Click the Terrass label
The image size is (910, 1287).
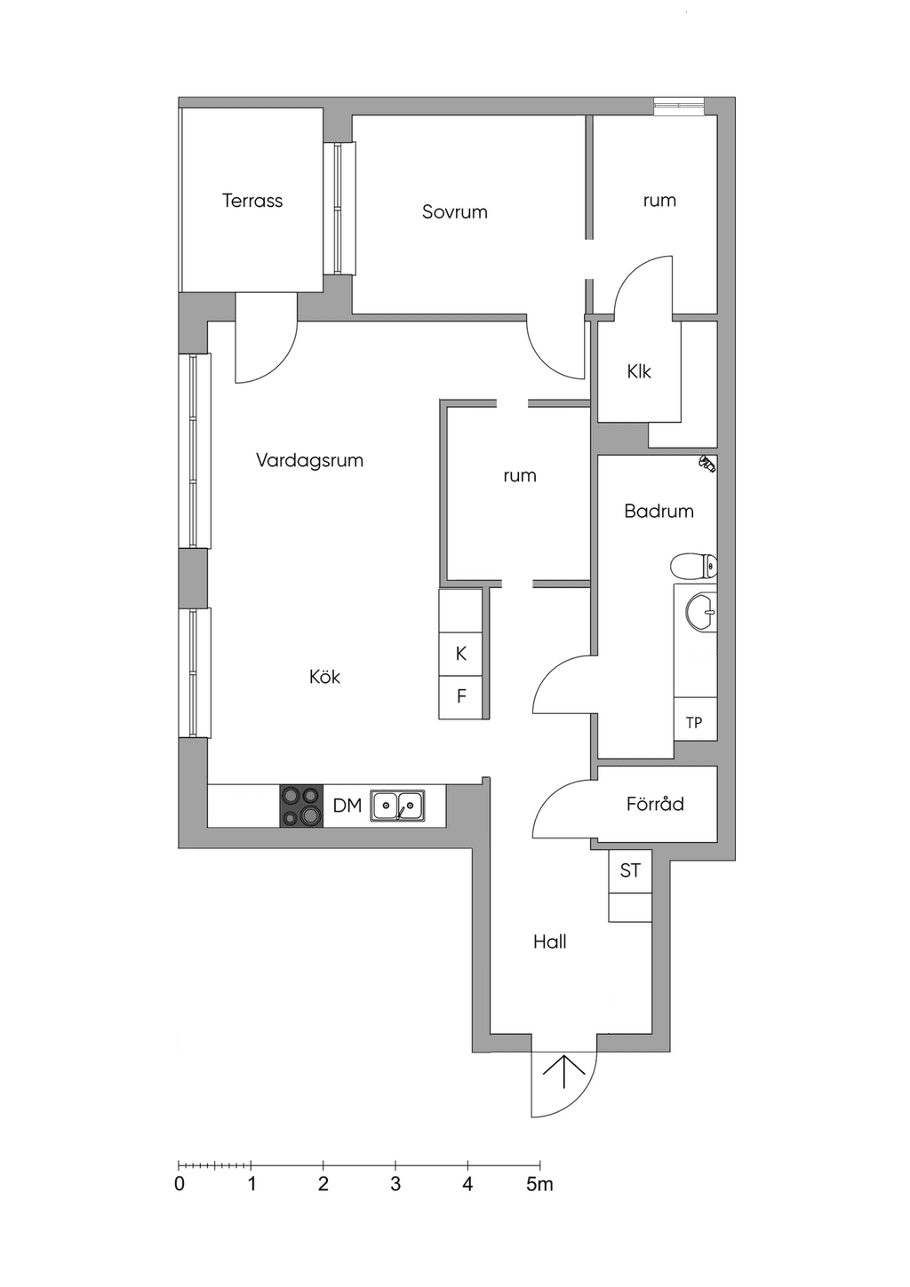[x=252, y=201]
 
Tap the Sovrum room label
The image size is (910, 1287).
[x=455, y=211]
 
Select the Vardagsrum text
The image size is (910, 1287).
[x=310, y=460]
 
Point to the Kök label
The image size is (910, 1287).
[x=324, y=676]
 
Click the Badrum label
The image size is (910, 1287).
[x=659, y=511]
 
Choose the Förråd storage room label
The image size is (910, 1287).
[x=655, y=803]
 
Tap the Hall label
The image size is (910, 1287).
[x=550, y=941]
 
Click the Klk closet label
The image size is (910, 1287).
[x=639, y=372]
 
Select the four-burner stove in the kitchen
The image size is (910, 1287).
[x=301, y=806]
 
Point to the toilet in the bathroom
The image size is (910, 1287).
[x=694, y=567]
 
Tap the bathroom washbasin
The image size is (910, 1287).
[x=701, y=612]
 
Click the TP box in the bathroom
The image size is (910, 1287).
[x=695, y=719]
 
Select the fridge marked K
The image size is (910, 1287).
[x=460, y=654]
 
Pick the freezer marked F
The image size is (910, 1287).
[x=460, y=697]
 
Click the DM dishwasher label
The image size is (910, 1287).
[x=347, y=806]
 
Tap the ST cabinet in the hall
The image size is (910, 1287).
[x=630, y=871]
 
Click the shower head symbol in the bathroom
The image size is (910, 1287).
[x=707, y=463]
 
